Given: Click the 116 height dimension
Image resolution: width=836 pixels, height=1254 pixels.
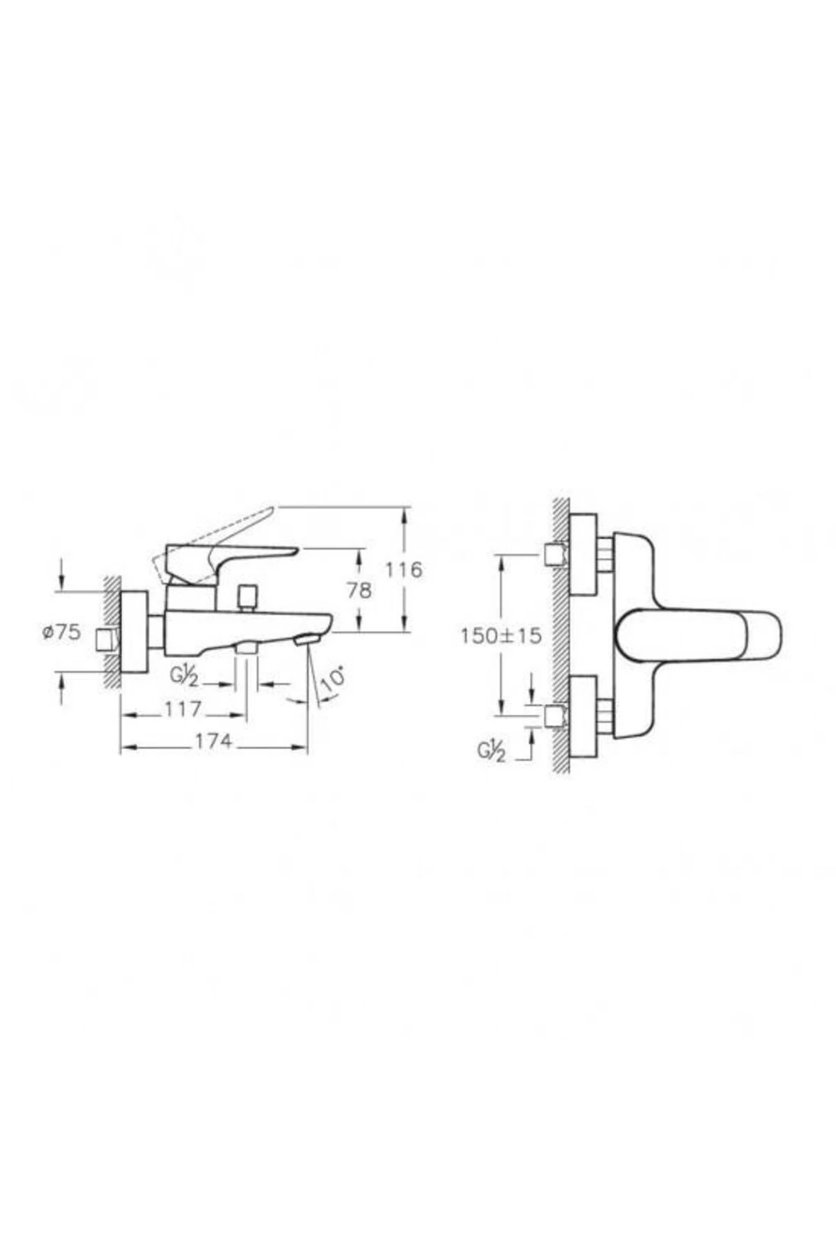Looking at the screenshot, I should point(404,570).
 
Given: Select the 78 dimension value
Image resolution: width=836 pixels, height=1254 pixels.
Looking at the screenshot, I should point(359,590).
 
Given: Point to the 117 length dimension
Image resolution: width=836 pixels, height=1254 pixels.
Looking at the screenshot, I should point(183,709).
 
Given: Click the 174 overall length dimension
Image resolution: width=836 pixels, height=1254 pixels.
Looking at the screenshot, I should point(213,742).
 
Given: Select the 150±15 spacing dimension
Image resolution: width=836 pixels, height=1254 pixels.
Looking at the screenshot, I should point(500,635).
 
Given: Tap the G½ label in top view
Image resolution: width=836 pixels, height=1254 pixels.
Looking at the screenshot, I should point(491,751).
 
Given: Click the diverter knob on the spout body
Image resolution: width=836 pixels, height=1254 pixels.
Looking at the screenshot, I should point(247,597).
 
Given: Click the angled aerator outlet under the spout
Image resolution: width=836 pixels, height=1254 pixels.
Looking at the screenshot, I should point(306,639).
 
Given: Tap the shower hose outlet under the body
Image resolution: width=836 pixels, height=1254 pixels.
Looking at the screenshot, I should point(247,648).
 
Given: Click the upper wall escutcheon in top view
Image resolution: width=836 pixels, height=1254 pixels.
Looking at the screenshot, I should point(583,555).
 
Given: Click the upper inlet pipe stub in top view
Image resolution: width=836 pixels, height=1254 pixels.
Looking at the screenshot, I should point(555,555).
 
